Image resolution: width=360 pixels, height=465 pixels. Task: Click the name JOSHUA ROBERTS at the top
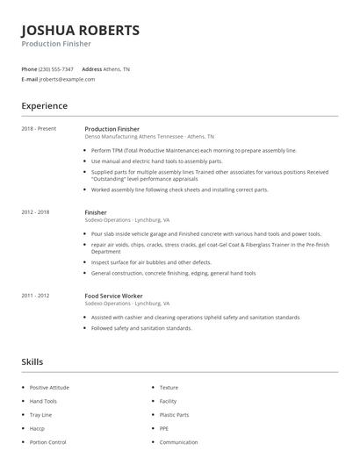click(80, 30)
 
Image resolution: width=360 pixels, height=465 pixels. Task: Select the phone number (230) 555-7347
click(56, 68)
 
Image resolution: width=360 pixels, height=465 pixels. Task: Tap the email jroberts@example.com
click(68, 79)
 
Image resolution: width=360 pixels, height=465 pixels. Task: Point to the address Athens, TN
click(117, 68)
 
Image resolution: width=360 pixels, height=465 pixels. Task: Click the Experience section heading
click(45, 106)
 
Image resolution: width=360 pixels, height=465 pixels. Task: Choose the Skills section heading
click(32, 361)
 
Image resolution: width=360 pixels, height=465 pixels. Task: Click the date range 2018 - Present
click(39, 129)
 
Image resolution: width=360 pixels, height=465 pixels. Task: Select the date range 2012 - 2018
click(36, 212)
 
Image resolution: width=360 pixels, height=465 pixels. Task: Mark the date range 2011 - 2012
click(36, 296)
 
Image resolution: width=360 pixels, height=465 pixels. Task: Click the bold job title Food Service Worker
click(113, 296)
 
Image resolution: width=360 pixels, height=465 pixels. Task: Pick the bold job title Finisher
click(96, 212)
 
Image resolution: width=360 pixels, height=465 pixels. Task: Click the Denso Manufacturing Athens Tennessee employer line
click(148, 137)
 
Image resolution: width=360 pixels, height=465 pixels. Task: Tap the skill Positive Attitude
click(48, 387)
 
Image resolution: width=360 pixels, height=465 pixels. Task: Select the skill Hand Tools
click(43, 400)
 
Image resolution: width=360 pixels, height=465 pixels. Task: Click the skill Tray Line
click(41, 414)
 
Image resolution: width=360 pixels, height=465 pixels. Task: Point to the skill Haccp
click(37, 428)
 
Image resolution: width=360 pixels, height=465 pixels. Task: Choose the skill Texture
click(169, 387)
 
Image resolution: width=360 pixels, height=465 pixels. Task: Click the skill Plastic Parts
click(174, 414)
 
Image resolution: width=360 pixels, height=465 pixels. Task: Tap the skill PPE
click(165, 428)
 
